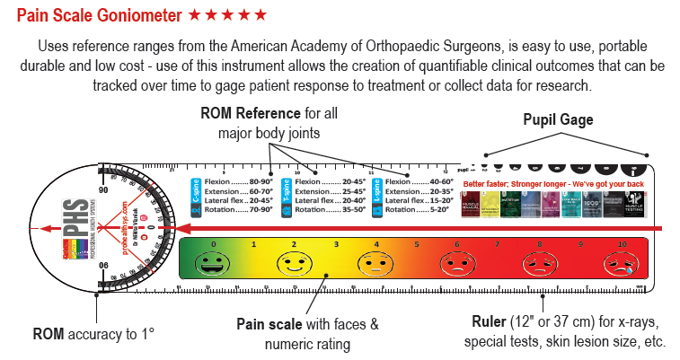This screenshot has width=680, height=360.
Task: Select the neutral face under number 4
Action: pos(375,264)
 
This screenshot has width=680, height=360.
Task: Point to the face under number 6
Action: pos(456,264)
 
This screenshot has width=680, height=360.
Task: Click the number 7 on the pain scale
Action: pos(497,243)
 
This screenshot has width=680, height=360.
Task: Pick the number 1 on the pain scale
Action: pos(253,243)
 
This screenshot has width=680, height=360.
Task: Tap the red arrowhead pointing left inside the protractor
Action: pos(38,229)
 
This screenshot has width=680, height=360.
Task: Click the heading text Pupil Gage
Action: pos(559,120)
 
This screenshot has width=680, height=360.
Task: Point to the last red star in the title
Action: pos(261,15)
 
